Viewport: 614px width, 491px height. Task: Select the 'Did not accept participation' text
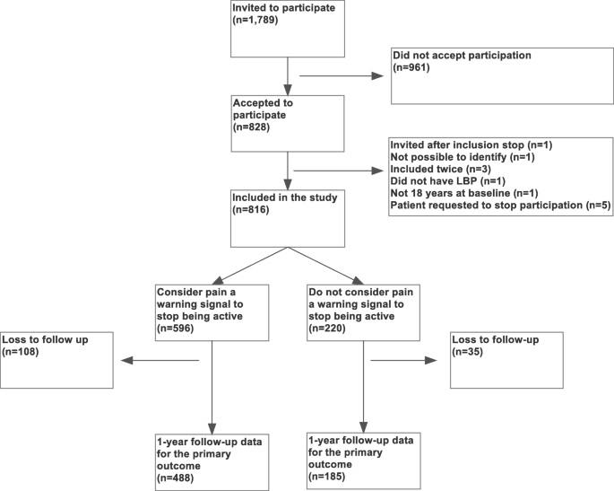tap(462, 56)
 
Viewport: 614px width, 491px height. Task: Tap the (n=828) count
tap(251, 129)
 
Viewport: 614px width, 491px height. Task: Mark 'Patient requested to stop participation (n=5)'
tap(499, 206)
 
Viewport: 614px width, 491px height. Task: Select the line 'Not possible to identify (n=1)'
tap(463, 157)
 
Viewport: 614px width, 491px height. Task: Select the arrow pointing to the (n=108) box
tap(161, 361)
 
